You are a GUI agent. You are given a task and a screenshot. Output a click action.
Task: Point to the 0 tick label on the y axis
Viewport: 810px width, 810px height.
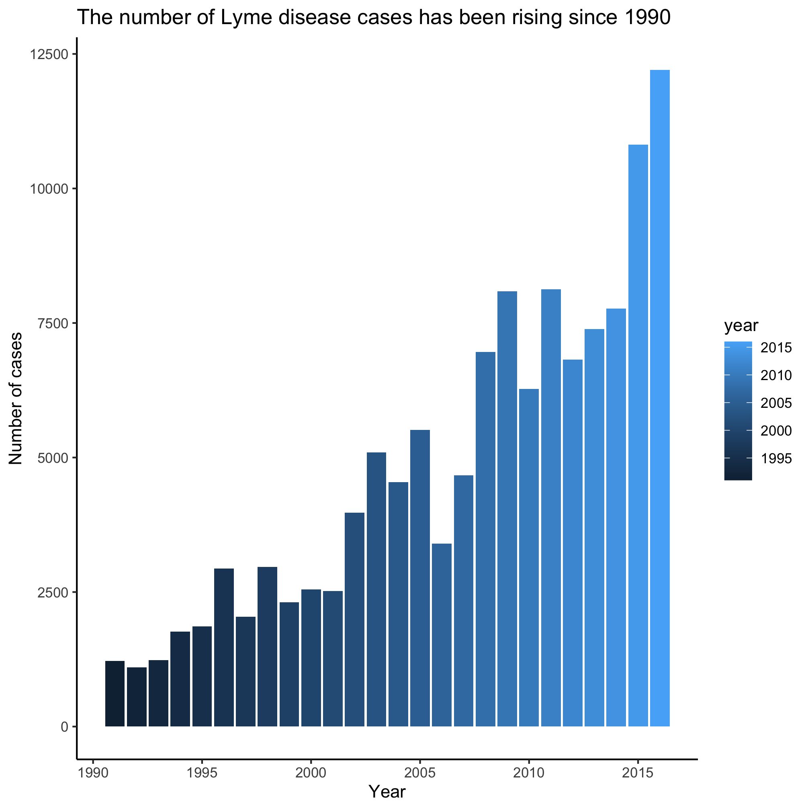(65, 726)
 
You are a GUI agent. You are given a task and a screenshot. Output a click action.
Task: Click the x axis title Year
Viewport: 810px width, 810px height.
(387, 792)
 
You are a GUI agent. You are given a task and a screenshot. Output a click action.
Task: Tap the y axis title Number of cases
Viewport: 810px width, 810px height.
(16, 399)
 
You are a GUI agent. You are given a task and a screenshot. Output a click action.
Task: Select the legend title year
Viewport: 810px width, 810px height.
(741, 326)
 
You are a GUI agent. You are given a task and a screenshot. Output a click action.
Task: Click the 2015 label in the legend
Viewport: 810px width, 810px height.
(776, 348)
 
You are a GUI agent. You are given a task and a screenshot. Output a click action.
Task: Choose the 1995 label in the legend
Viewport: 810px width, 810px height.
(776, 459)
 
